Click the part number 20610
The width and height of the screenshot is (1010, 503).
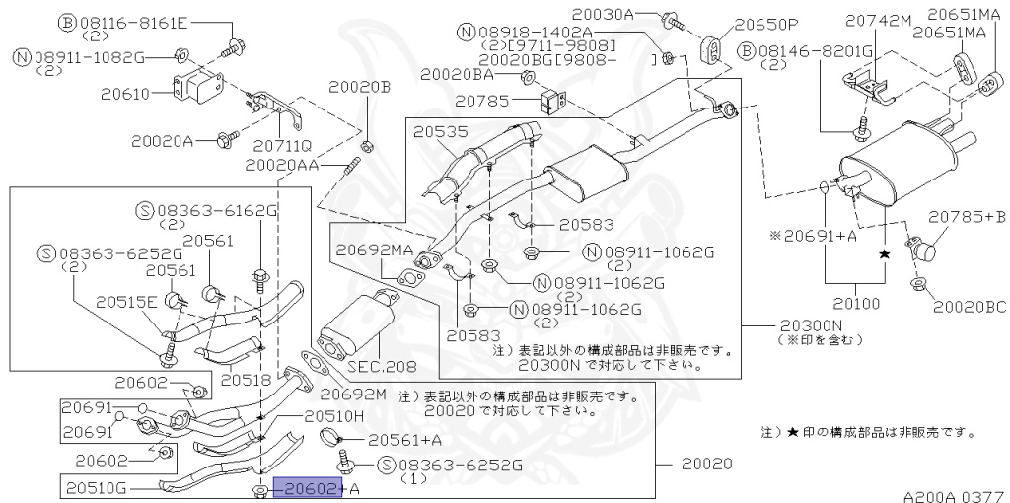click(125, 94)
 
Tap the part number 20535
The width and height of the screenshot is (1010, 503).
click(441, 132)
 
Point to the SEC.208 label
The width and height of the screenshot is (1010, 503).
click(382, 367)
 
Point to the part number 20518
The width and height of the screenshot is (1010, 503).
click(245, 381)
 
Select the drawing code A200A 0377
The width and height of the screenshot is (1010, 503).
click(954, 496)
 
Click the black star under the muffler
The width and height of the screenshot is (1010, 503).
click(885, 255)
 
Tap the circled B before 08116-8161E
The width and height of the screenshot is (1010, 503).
click(67, 24)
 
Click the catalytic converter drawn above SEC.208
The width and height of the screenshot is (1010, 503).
click(357, 325)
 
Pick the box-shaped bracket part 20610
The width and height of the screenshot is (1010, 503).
click(197, 87)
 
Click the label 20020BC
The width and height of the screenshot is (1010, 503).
click(970, 306)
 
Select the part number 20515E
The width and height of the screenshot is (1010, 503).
click(126, 302)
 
